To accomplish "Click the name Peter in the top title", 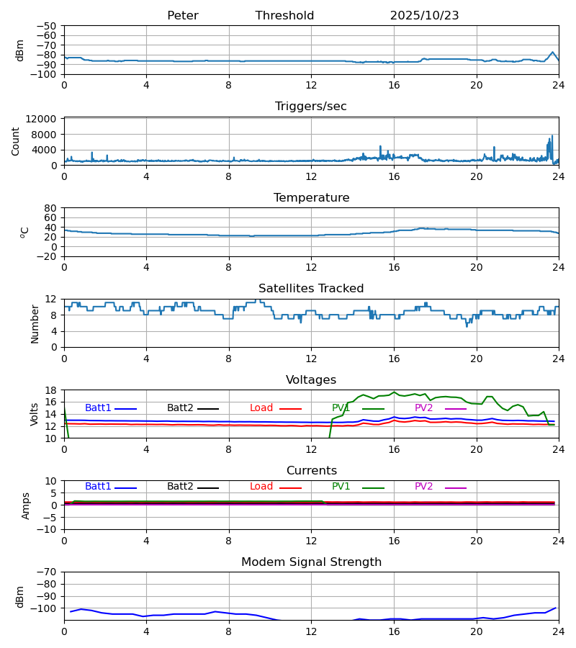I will (x=182, y=16).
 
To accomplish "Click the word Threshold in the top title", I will (x=284, y=16).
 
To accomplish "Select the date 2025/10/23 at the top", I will (x=424, y=16).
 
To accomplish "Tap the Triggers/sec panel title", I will (x=311, y=107).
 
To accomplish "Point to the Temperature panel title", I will (x=311, y=198).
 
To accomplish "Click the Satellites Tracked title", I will (x=311, y=289).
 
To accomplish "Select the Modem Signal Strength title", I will (x=311, y=562).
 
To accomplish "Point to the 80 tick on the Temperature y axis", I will (x=50, y=208).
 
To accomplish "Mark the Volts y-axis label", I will (x=35, y=414).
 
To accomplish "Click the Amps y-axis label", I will (x=26, y=505).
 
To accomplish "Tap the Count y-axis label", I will (x=16, y=141).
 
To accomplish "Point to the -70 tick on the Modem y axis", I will (x=48, y=572).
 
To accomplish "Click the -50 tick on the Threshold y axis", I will (x=48, y=26).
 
